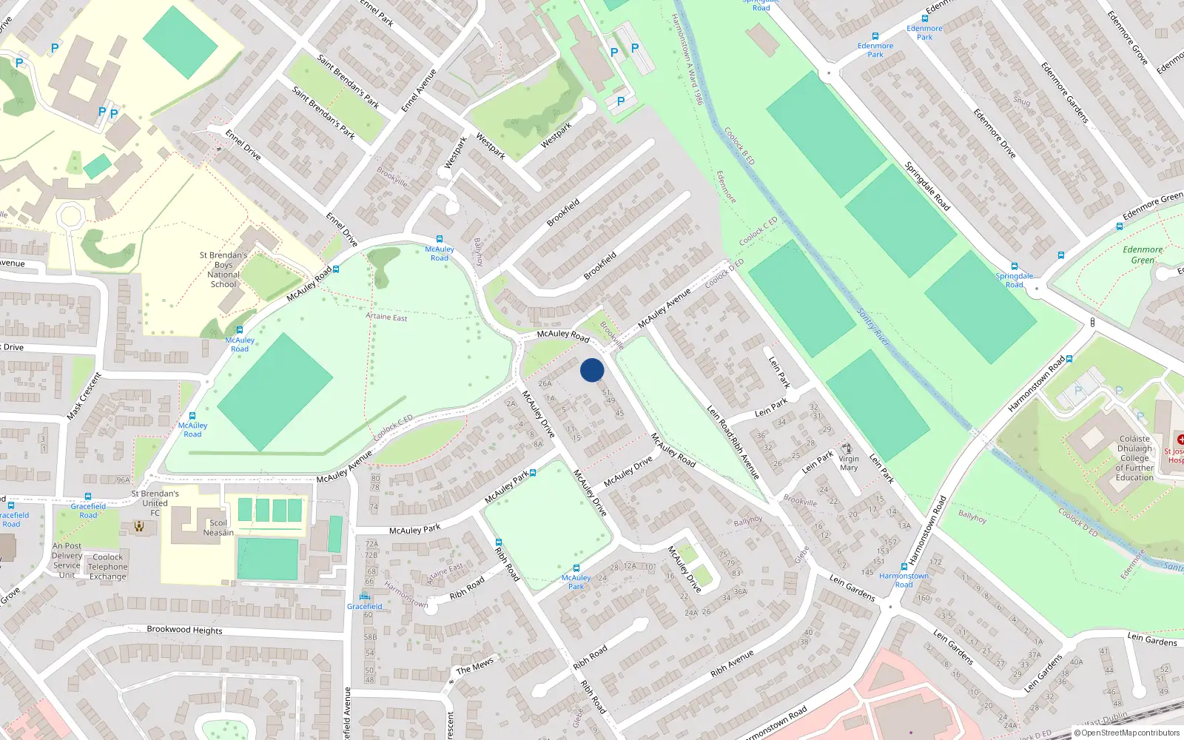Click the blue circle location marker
click(x=592, y=370)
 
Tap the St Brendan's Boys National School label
click(x=223, y=269)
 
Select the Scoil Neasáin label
click(x=218, y=528)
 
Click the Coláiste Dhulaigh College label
click(x=1134, y=458)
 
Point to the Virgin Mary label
click(x=849, y=463)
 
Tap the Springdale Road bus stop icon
click(x=1014, y=266)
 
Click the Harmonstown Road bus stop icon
click(x=904, y=567)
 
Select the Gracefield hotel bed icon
click(x=364, y=596)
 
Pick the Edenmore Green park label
click(x=1143, y=255)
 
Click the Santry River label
click(x=873, y=326)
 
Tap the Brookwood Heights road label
click(x=184, y=630)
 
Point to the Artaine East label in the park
click(x=386, y=317)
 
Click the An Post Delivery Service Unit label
click(x=67, y=560)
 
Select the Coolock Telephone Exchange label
click(x=108, y=567)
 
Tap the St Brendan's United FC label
click(x=155, y=502)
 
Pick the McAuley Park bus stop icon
click(x=576, y=568)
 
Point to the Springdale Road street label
click(x=927, y=186)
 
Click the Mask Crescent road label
click(x=84, y=397)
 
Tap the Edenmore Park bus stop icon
click(x=875, y=36)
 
